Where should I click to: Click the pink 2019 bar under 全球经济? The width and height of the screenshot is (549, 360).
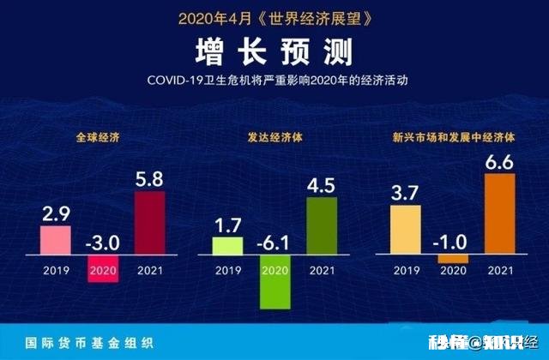pos(57,241)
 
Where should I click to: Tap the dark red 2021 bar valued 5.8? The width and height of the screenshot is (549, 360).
pos(150,224)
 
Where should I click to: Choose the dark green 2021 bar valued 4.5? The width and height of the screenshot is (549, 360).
pos(322,219)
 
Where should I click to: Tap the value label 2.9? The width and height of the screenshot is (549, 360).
pos(57,213)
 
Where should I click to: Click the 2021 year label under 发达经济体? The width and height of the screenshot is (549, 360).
pos(322,271)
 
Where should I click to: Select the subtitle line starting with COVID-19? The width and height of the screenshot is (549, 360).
pos(274,81)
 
